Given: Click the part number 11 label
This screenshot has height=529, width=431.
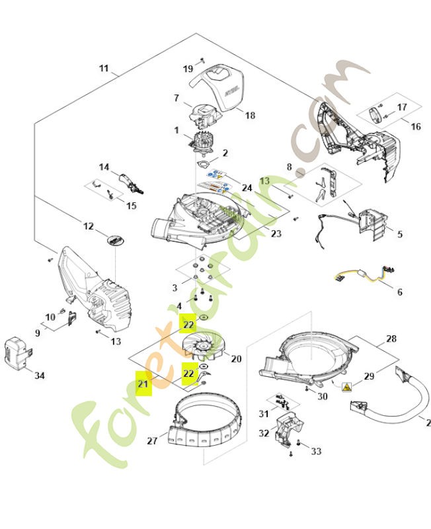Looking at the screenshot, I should [x=104, y=68].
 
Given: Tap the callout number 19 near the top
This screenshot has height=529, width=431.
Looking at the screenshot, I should [x=188, y=69].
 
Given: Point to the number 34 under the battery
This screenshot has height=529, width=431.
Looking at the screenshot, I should [x=39, y=376].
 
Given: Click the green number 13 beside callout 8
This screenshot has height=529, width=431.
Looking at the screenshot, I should [x=264, y=181].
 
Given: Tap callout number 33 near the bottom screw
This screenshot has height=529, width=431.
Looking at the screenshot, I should [x=316, y=452].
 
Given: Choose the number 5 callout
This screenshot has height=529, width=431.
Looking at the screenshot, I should [x=399, y=235].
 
